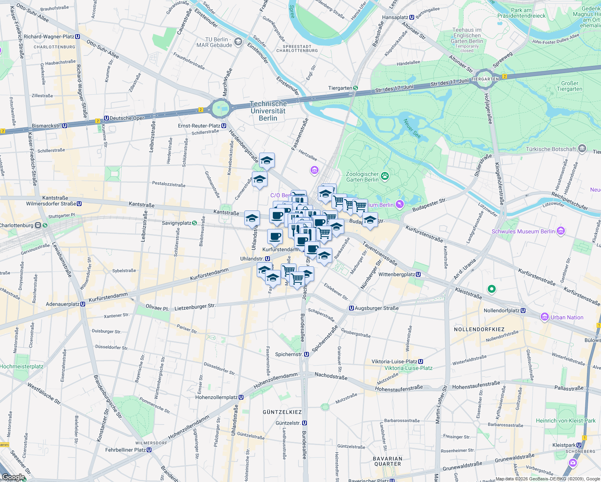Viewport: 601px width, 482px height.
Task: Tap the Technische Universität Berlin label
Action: pyautogui.click(x=268, y=111)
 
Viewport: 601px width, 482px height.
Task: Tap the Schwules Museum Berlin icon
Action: pyautogui.click(x=561, y=231)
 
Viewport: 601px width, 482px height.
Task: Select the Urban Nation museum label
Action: pyautogui.click(x=567, y=317)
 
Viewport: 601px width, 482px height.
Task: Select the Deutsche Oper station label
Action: pyautogui.click(x=127, y=118)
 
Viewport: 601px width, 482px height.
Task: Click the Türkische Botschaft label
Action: pyautogui.click(x=551, y=149)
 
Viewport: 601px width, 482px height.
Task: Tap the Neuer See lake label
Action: pyautogui.click(x=412, y=129)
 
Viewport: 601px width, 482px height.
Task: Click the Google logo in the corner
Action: pyautogui.click(x=13, y=477)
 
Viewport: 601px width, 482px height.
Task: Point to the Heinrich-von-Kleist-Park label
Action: pyautogui.click(x=566, y=421)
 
